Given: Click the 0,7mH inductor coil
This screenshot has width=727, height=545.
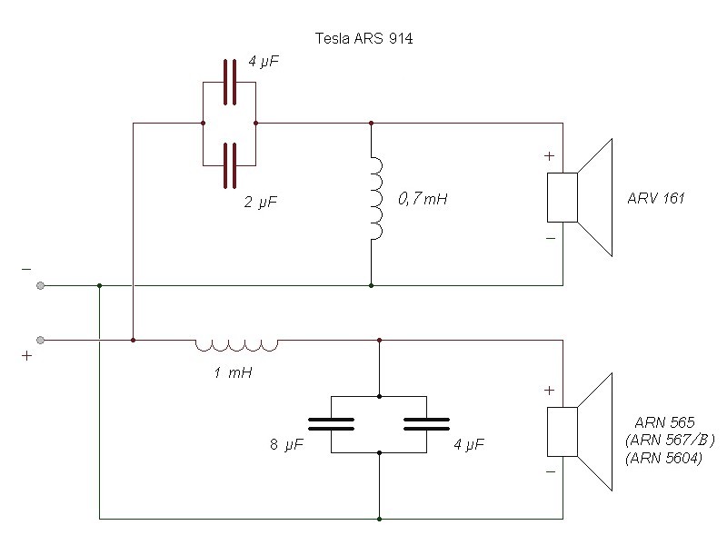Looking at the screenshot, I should click(376, 198).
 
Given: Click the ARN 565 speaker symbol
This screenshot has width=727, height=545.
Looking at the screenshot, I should click(582, 431).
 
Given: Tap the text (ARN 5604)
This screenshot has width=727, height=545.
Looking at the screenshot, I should click(663, 459).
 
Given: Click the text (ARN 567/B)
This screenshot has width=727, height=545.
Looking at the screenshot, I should click(670, 441).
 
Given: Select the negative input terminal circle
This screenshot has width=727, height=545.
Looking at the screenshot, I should click(41, 286).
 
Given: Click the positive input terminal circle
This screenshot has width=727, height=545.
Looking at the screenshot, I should click(41, 341).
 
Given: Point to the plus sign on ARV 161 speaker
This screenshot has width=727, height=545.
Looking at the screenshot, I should click(549, 155).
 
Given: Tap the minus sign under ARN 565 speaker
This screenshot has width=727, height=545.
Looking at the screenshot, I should click(549, 473).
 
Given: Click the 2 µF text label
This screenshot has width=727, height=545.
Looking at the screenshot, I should click(260, 203).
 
